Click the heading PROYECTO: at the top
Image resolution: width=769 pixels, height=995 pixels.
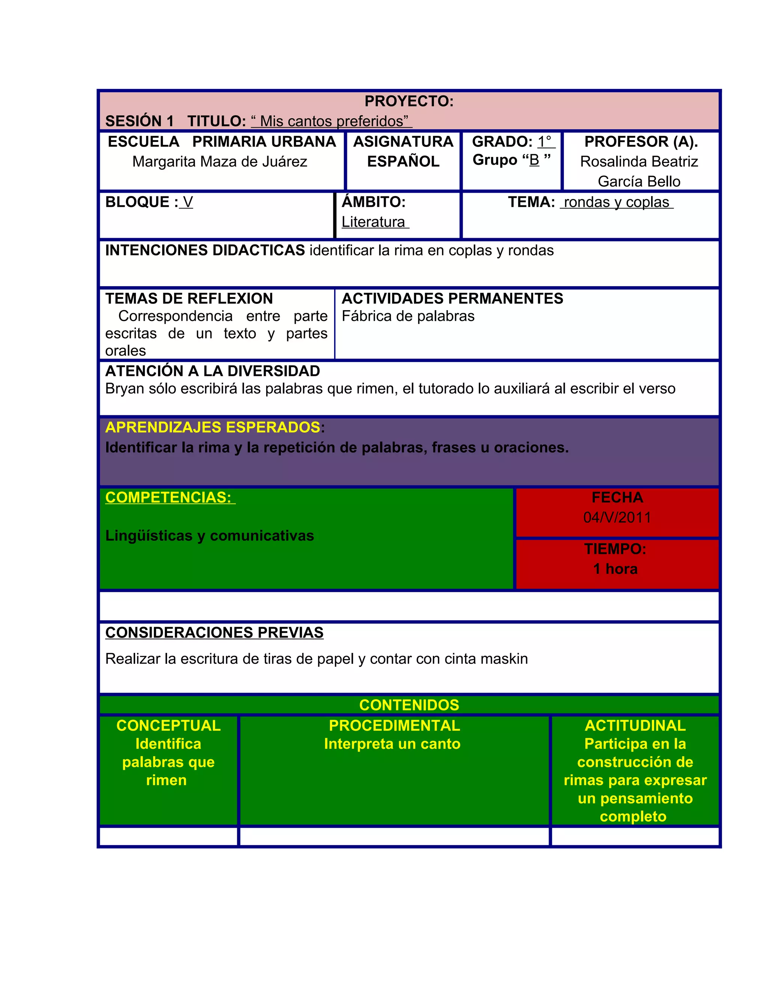click(409, 101)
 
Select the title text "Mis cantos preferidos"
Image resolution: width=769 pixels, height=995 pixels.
click(331, 121)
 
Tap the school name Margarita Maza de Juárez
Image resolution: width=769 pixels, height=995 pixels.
click(220, 162)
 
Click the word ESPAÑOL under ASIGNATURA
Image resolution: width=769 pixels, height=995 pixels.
click(403, 162)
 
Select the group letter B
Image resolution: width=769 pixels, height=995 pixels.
click(534, 160)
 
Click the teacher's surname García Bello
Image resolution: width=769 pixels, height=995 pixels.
click(639, 181)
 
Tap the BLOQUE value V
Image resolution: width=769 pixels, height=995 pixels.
click(188, 202)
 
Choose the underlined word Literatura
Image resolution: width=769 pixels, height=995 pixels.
click(374, 222)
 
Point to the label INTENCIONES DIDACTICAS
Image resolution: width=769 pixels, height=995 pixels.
click(205, 250)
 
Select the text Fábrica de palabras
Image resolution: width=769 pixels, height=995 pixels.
click(408, 316)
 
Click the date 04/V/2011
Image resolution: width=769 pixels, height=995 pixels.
click(617, 517)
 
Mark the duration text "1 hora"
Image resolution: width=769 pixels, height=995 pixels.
click(615, 569)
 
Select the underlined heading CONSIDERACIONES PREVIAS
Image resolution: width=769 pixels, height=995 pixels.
click(214, 633)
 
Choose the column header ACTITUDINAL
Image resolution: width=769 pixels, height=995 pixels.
click(635, 725)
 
